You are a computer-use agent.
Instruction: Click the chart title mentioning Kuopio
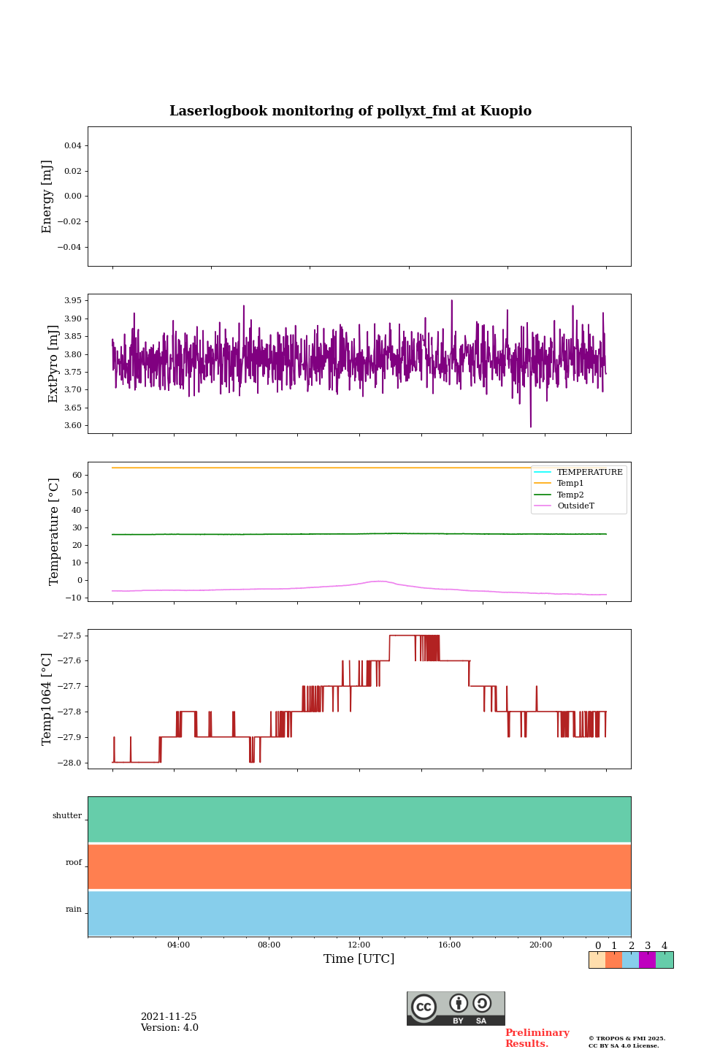(x=350, y=111)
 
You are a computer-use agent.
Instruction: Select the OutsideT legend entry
(x=575, y=506)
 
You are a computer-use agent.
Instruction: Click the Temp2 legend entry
(x=570, y=495)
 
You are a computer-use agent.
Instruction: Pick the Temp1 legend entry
(x=570, y=484)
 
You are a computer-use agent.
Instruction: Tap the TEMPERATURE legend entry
(x=589, y=473)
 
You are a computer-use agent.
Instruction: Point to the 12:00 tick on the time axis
(x=359, y=945)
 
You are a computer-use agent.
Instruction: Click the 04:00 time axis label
(x=178, y=945)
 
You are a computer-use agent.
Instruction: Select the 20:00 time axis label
(x=540, y=945)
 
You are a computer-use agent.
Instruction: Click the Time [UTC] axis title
(x=359, y=959)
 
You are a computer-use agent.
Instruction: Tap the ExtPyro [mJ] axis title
(x=53, y=364)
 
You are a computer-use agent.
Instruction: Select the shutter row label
(x=67, y=816)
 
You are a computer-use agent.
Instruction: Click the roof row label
(x=74, y=863)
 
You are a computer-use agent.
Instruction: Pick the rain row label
(x=74, y=910)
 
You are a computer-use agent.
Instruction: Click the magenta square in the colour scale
(x=647, y=960)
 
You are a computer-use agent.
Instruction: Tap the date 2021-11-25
(x=169, y=1017)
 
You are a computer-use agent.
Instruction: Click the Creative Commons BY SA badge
(x=456, y=1008)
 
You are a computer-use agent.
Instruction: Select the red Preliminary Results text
(x=537, y=1038)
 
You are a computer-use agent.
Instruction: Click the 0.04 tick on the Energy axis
(x=72, y=146)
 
